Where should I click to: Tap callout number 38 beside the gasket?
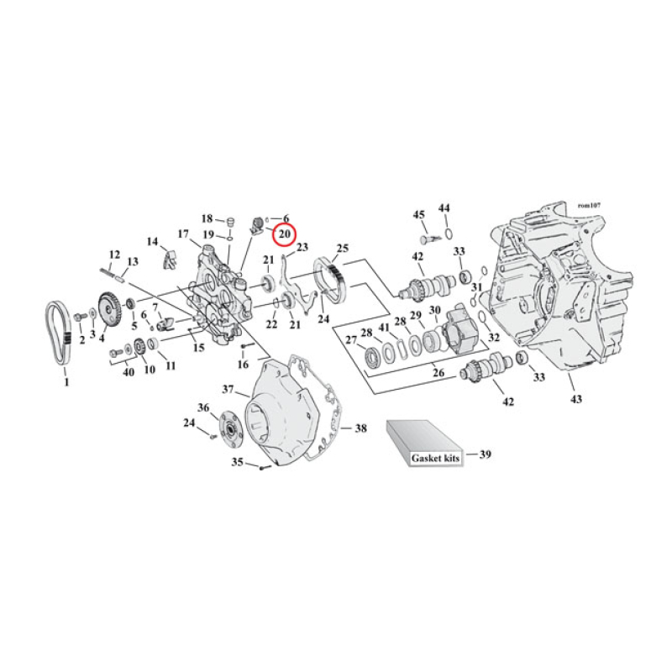point(360,428)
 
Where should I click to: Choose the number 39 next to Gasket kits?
point(485,454)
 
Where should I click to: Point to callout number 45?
point(419,215)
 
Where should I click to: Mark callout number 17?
point(182,234)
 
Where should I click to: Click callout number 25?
point(342,249)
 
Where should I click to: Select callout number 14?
point(152,242)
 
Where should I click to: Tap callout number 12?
point(115,255)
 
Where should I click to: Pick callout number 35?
point(237,462)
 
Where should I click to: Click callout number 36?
point(202,408)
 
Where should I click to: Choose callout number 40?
point(129,372)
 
